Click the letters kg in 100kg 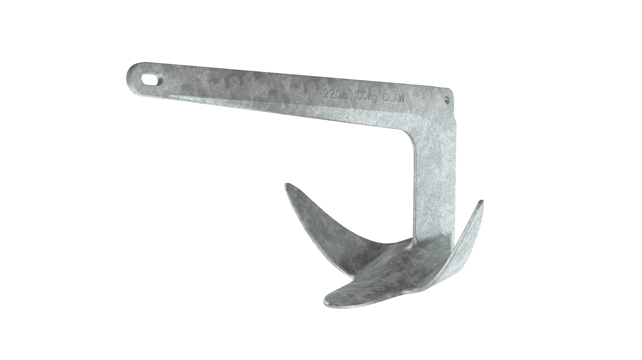tap(372, 96)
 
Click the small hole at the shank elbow tap(447, 99)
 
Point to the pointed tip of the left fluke tap(287, 185)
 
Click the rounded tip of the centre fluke tap(328, 300)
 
